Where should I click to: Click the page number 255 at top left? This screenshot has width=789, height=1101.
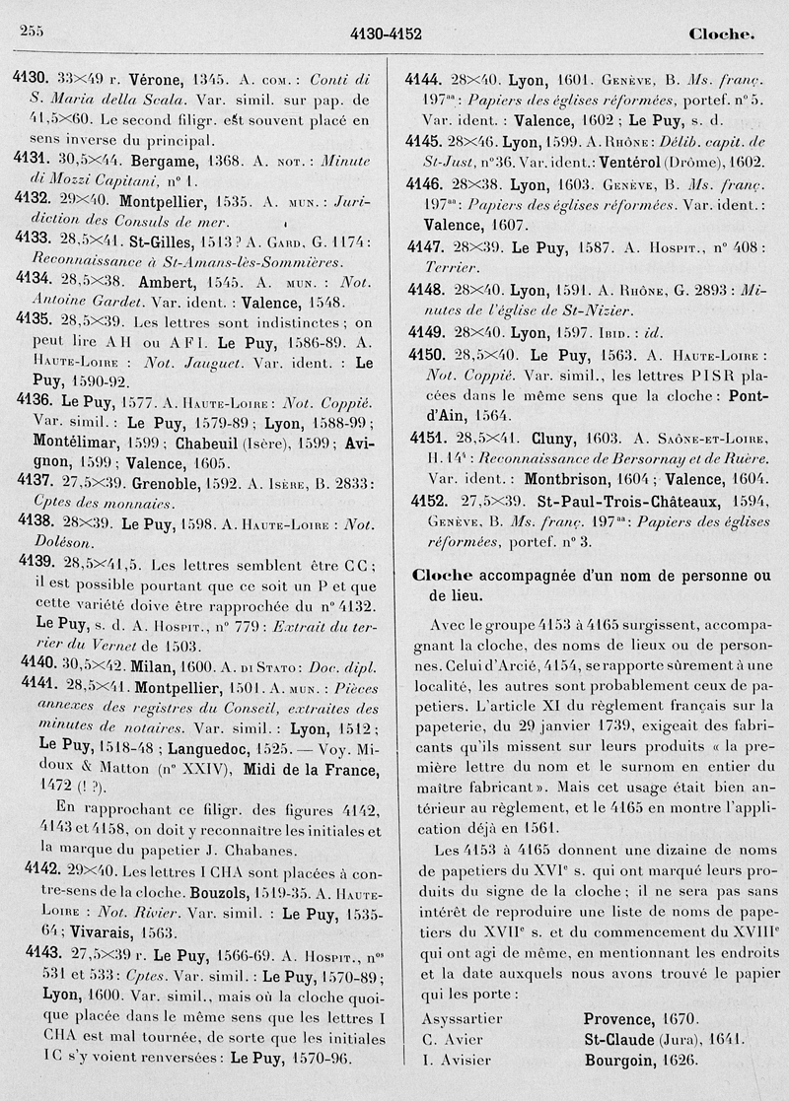pyautogui.click(x=32, y=34)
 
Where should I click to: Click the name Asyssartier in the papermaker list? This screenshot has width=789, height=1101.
pyautogui.click(x=462, y=1017)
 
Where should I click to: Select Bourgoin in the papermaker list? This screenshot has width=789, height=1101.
pyautogui.click(x=619, y=1061)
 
